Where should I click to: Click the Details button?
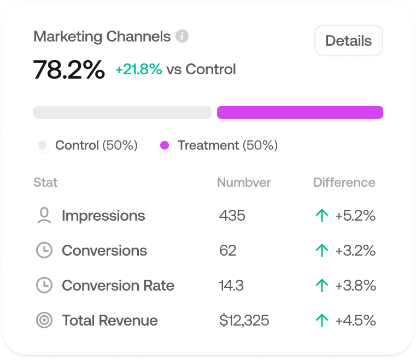pos(348,41)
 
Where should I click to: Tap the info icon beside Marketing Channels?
pos(182,37)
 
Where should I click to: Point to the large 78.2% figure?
pos(69,70)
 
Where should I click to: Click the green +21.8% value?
pos(139,69)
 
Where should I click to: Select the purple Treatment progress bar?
pos(300,113)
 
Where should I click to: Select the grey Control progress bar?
pos(122,113)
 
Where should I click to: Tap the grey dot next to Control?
pos(42,146)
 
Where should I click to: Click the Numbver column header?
pos(244,182)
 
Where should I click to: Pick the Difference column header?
pos(344,182)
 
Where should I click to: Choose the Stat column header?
pos(45,182)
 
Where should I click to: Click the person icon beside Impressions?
pos(44,216)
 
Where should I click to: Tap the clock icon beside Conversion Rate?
pos(44,286)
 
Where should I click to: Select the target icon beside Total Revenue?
pos(44,321)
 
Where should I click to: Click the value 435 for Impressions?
pos(232,216)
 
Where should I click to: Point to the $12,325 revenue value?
pos(244,321)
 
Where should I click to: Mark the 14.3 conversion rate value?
pos(231,286)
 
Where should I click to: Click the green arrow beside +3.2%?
pos(321,251)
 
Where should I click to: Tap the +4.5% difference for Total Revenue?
pos(355,321)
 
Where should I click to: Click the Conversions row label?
pos(104,251)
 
